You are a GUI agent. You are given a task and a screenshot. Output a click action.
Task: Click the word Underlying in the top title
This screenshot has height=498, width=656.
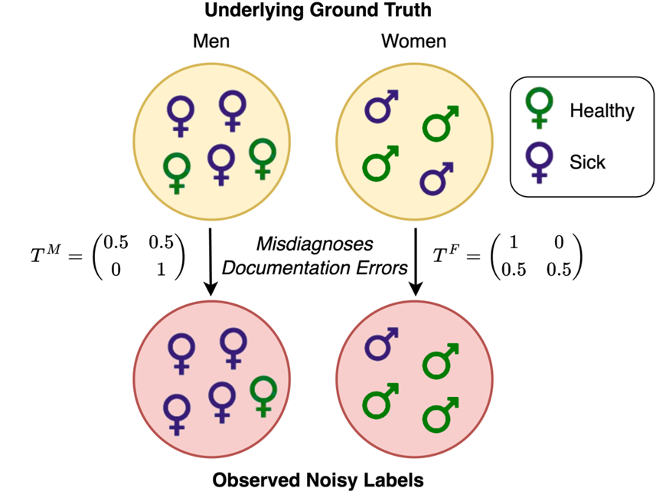pyautogui.click(x=240, y=11)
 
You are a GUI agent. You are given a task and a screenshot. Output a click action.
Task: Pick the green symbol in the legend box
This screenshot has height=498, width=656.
pyautogui.click(x=540, y=106)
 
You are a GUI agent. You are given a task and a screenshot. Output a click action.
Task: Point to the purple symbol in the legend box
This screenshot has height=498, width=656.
pyautogui.click(x=540, y=162)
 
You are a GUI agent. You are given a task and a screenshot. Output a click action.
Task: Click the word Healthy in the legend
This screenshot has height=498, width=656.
pyautogui.click(x=602, y=111)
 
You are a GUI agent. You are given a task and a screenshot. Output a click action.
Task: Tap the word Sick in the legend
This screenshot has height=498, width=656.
pyautogui.click(x=587, y=162)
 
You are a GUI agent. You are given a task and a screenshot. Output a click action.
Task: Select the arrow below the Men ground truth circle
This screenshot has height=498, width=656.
pyautogui.click(x=210, y=260)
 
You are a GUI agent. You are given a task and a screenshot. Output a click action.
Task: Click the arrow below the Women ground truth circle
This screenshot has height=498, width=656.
pyautogui.click(x=416, y=260)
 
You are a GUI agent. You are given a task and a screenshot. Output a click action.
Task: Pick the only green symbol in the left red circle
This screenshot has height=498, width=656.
pyautogui.click(x=264, y=396)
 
